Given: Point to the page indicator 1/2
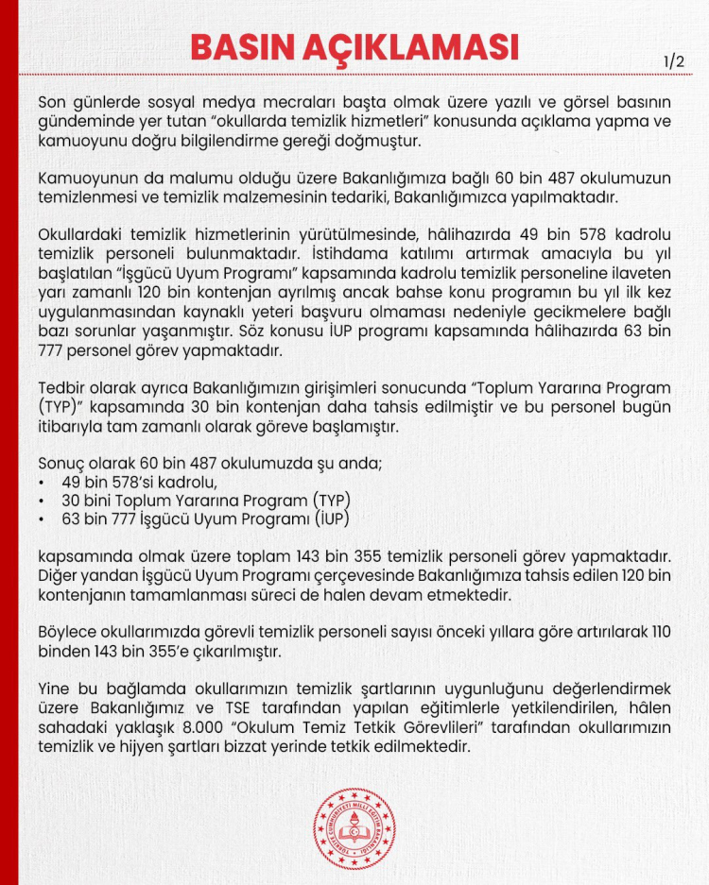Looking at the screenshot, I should coord(675,61).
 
